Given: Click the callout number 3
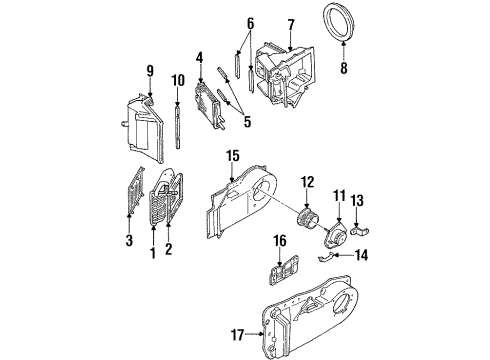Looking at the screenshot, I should pyautogui.click(x=126, y=241).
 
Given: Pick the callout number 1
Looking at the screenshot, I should pyautogui.click(x=152, y=255).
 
